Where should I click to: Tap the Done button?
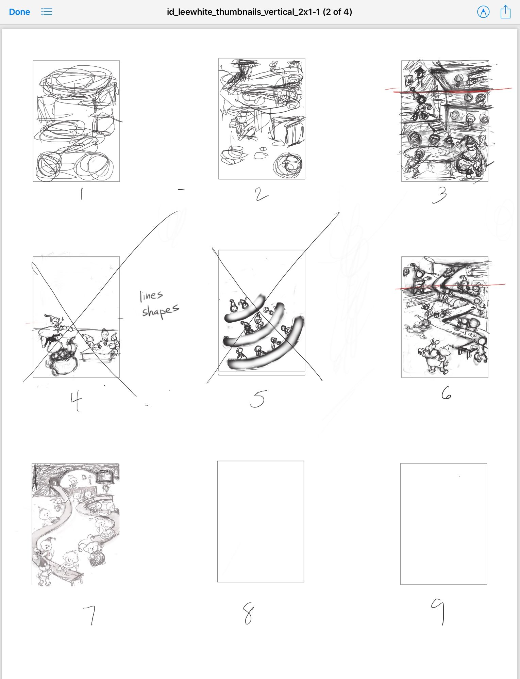coord(19,12)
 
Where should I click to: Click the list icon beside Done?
coord(47,12)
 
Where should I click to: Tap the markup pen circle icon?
coord(483,12)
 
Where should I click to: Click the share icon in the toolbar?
coord(505,12)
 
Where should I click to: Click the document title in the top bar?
coord(259,12)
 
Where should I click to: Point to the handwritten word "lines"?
coord(151,296)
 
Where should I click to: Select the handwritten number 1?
coord(81,194)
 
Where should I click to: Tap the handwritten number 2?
coord(261,194)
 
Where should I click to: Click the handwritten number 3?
coord(439,195)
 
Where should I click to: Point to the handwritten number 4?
coord(76,401)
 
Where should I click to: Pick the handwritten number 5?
coord(258,399)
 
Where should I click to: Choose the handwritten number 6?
coord(446,393)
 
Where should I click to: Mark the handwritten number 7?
coord(90,615)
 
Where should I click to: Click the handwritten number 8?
coord(249,614)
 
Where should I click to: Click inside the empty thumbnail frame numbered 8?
coord(261,521)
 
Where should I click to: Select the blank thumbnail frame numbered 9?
coord(443,524)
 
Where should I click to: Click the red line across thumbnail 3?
coord(448,91)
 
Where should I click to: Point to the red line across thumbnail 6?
coord(450,287)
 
